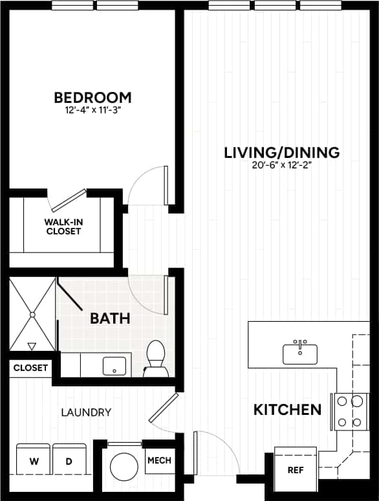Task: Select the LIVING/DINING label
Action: click(281, 153)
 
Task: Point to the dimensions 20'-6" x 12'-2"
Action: click(281, 165)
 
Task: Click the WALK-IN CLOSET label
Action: click(63, 226)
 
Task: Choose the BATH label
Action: click(110, 318)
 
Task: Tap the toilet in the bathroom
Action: click(155, 359)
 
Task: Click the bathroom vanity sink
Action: click(114, 366)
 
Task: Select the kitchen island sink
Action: click(299, 353)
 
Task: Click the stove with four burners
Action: click(349, 412)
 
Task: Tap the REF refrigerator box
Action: click(296, 469)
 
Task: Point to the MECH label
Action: click(159, 461)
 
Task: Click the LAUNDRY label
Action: click(86, 412)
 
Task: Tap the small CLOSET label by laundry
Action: click(30, 368)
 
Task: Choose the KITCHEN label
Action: click(287, 409)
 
